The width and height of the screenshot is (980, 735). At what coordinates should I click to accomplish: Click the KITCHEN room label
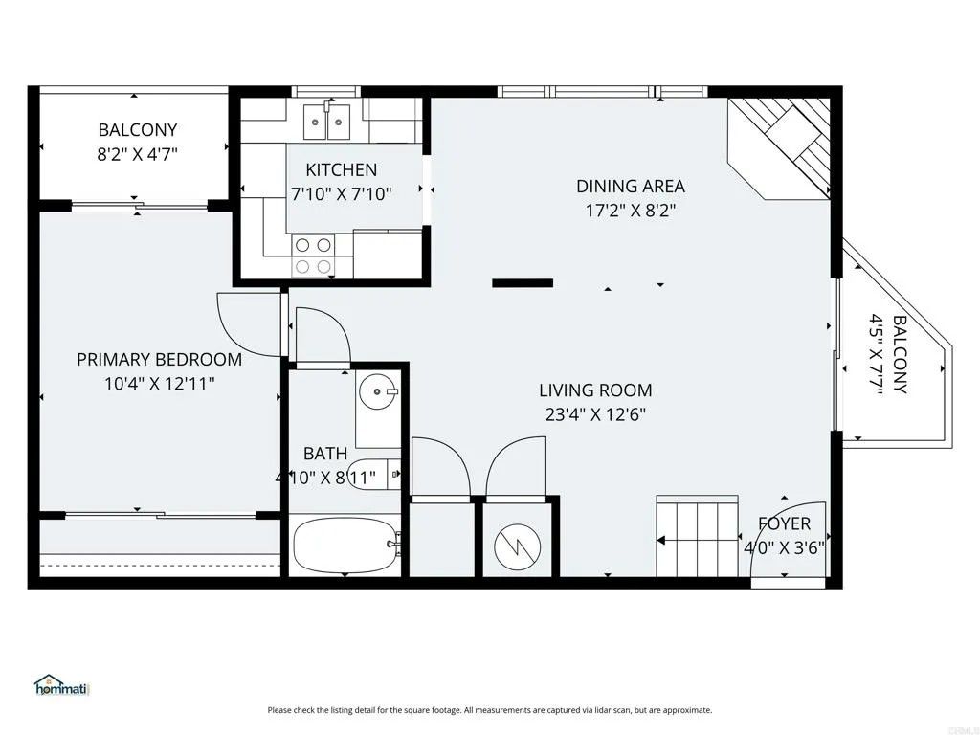point(341,170)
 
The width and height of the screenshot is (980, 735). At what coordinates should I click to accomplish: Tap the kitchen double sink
point(328,122)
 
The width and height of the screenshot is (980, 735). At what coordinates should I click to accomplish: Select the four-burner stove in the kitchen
point(313,256)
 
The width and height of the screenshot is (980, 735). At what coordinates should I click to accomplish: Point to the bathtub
point(345,546)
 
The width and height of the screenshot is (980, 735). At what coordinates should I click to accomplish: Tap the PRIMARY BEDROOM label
point(159,360)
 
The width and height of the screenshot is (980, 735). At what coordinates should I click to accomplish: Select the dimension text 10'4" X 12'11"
point(159,383)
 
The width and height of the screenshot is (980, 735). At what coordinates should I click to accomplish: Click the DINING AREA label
point(630,187)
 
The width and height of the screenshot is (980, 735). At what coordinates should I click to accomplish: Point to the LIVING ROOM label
point(595,390)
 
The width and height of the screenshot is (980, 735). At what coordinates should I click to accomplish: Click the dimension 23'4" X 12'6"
point(595,413)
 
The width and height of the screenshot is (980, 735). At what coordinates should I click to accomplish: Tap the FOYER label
point(784,523)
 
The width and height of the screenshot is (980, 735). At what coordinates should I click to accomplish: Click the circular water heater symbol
point(516,547)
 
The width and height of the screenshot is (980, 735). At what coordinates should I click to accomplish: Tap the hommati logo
point(61,685)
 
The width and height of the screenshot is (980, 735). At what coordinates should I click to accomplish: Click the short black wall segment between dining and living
point(523,282)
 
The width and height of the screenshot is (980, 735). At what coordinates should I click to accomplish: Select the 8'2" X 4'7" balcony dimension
point(137,152)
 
